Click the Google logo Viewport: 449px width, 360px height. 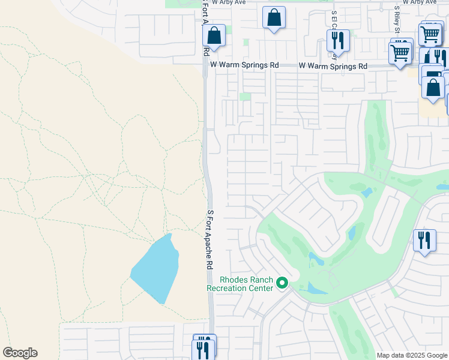[x=20, y=353]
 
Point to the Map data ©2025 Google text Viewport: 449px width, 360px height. [x=412, y=355]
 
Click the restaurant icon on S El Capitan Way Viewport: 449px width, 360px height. [x=337, y=41]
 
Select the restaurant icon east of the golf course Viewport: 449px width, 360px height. [x=424, y=241]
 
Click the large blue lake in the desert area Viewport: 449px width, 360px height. [x=155, y=268]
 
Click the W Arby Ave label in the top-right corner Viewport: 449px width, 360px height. [x=420, y=2]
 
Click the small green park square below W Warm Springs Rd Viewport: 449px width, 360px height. [x=245, y=97]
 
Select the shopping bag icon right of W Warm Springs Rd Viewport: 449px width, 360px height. [x=432, y=88]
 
